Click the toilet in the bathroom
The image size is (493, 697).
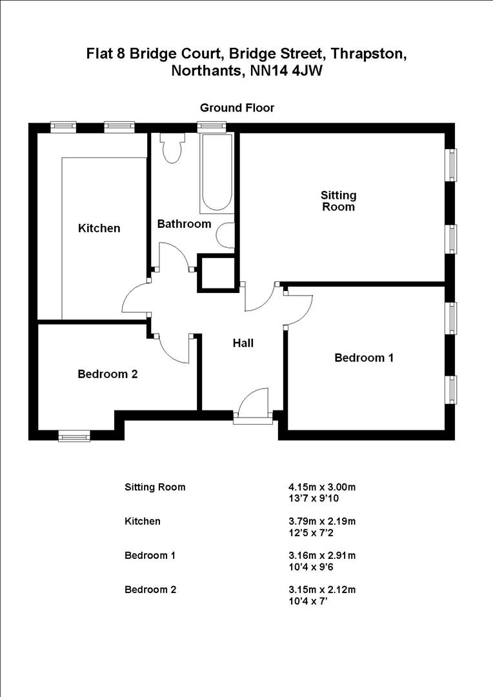point(172,148)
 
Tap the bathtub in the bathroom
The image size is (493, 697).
point(216,172)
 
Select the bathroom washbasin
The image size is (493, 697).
point(226,236)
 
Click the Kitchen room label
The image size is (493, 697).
point(99,228)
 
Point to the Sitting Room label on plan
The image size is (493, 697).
point(339,201)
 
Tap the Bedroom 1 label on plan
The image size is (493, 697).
point(363,358)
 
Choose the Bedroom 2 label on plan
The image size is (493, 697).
point(107,374)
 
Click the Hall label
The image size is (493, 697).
point(243,343)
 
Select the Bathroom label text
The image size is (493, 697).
point(184,224)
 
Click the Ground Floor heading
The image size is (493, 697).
point(237,108)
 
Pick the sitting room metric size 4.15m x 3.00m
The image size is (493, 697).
point(322,487)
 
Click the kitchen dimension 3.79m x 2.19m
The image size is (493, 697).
point(322,521)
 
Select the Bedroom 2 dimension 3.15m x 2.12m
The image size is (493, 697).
point(322,590)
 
